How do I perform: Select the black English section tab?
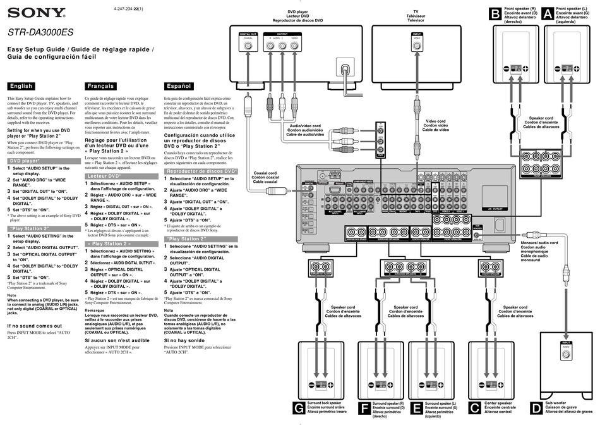coord(21,86)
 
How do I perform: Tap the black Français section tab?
coord(101,86)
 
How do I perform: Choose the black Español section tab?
coord(177,86)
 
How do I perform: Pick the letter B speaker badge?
coord(495,13)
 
